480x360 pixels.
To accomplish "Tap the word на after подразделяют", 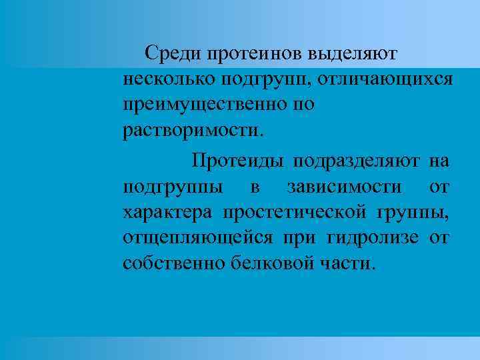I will coord(439,161).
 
